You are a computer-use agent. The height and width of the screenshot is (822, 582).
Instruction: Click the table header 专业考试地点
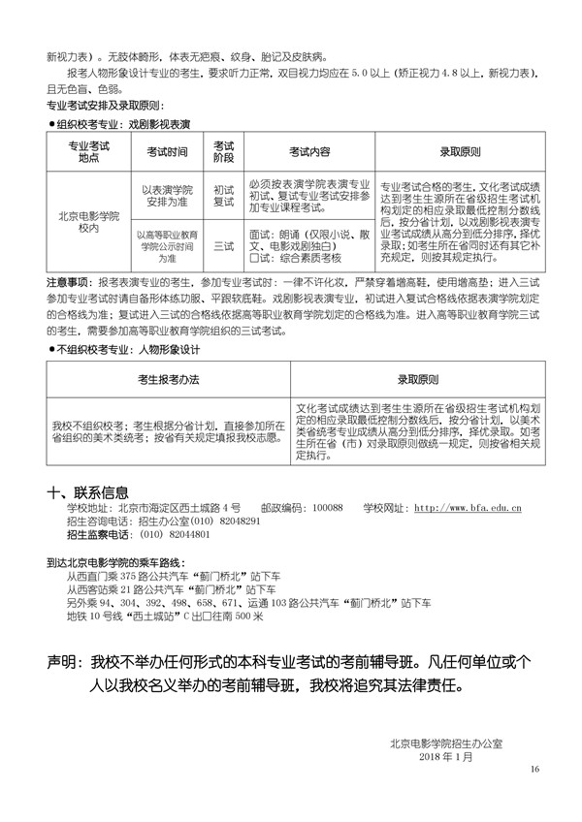click(x=88, y=152)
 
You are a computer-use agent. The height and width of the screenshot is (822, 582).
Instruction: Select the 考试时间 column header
click(x=167, y=152)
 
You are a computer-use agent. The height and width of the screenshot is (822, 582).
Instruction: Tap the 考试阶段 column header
click(x=224, y=152)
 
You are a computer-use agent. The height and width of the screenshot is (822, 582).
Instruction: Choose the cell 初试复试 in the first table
click(x=224, y=197)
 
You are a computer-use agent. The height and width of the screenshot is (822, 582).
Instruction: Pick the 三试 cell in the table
click(x=224, y=246)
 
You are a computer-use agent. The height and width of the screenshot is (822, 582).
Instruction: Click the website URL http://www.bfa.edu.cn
click(x=468, y=507)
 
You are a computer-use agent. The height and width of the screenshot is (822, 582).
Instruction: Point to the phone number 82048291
click(x=238, y=521)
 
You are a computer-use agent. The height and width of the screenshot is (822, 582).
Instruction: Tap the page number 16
click(x=533, y=769)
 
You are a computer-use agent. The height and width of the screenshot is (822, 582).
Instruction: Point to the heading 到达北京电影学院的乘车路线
click(x=119, y=561)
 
